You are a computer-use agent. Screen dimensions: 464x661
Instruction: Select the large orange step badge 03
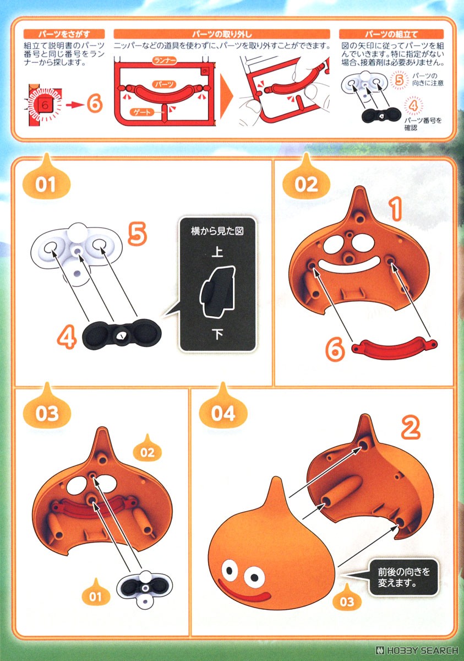(47, 408)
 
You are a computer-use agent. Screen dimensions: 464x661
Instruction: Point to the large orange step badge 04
(223, 408)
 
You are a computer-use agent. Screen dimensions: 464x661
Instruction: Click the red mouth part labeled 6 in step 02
(395, 349)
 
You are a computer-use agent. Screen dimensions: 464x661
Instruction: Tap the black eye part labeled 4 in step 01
(122, 334)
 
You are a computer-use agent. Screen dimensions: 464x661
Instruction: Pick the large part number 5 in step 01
(138, 234)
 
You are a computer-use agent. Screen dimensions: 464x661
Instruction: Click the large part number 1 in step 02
(396, 209)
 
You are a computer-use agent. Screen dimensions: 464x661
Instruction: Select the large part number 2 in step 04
(411, 426)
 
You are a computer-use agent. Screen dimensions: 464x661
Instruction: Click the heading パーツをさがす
(64, 34)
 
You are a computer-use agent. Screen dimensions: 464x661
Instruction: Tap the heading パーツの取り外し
(222, 34)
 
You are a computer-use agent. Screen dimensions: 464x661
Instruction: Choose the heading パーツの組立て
(391, 34)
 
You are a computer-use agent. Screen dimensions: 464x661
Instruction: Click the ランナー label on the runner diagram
(164, 61)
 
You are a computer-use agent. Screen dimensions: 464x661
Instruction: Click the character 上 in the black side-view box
(217, 252)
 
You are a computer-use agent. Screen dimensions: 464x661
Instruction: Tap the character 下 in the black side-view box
(217, 334)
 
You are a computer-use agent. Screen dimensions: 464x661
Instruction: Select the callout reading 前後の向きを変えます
(403, 577)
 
